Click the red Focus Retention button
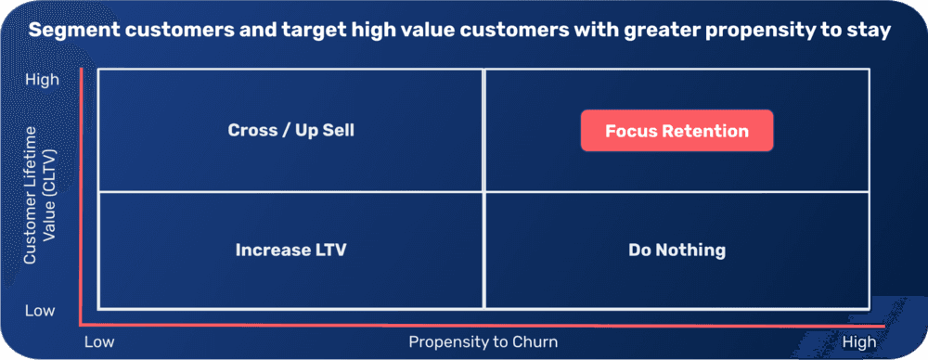point(677,131)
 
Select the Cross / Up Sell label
point(290,130)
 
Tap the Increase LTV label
point(290,250)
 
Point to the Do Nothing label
point(677,250)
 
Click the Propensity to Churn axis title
point(483,341)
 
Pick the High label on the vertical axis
point(42,80)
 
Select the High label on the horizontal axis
point(858,341)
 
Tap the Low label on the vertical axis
point(40,310)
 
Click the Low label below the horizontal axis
point(98,341)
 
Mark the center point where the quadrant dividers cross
point(483,191)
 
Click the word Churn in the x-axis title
point(535,341)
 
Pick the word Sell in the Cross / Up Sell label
point(338,130)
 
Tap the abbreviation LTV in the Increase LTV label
point(329,250)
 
